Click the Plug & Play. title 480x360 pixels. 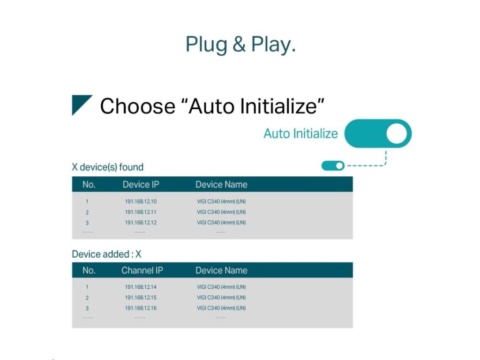pyautogui.click(x=240, y=45)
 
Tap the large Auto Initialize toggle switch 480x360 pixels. pyautogui.click(x=378, y=134)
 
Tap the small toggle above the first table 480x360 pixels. pyautogui.click(x=333, y=165)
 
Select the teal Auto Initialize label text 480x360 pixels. pyautogui.click(x=300, y=134)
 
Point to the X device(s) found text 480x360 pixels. pyautogui.click(x=107, y=167)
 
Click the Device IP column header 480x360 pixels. pyautogui.click(x=141, y=185)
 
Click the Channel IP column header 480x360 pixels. pyautogui.click(x=142, y=270)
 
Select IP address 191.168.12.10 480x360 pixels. pyautogui.click(x=141, y=202)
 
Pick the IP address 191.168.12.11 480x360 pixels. pyautogui.click(x=141, y=212)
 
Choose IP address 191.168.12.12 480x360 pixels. pyautogui.click(x=141, y=223)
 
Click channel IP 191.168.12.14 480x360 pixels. pyautogui.click(x=141, y=287)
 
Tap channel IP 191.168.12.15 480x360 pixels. pyautogui.click(x=141, y=297)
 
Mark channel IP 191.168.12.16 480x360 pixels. pyautogui.click(x=141, y=308)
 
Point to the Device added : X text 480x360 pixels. pyautogui.click(x=106, y=254)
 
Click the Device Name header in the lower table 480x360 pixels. pyautogui.click(x=221, y=270)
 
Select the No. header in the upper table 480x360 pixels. pyautogui.click(x=89, y=185)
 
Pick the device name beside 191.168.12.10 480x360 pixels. pyautogui.click(x=221, y=202)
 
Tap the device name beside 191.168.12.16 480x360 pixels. pyautogui.click(x=221, y=308)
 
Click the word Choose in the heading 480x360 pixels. pyautogui.click(x=137, y=106)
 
